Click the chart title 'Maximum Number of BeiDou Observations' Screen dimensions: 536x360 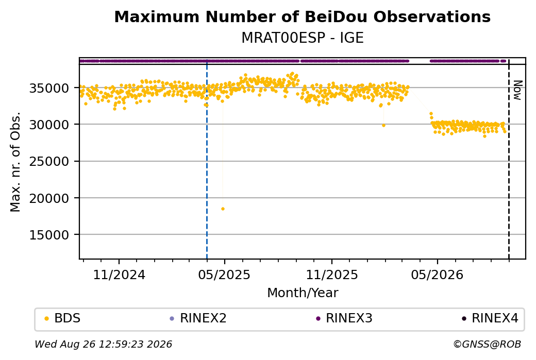tap(302, 16)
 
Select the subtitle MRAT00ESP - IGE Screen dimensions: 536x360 tap(302, 38)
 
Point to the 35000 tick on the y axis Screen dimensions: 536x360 tap(49, 88)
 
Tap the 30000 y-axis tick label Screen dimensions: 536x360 tap(49, 125)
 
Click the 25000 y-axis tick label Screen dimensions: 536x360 tap(49, 161)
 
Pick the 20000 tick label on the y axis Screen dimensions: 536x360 tap(49, 198)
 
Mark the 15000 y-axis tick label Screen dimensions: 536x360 tap(49, 235)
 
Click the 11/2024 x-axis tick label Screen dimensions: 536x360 tap(119, 275)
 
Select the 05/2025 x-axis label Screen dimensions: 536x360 tap(224, 275)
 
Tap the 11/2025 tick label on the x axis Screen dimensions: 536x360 tap(331, 275)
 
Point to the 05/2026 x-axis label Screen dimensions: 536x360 tap(437, 275)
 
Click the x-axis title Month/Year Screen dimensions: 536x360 tap(303, 293)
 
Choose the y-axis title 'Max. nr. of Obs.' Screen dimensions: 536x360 tap(15, 162)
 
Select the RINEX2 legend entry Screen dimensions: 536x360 tap(198, 318)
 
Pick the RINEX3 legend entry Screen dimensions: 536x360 tap(344, 318)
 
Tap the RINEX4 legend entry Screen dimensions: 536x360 tap(490, 318)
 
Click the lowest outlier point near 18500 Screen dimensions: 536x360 tap(223, 209)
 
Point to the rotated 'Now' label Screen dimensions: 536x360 tap(518, 90)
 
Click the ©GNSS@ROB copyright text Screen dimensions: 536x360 tap(487, 344)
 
